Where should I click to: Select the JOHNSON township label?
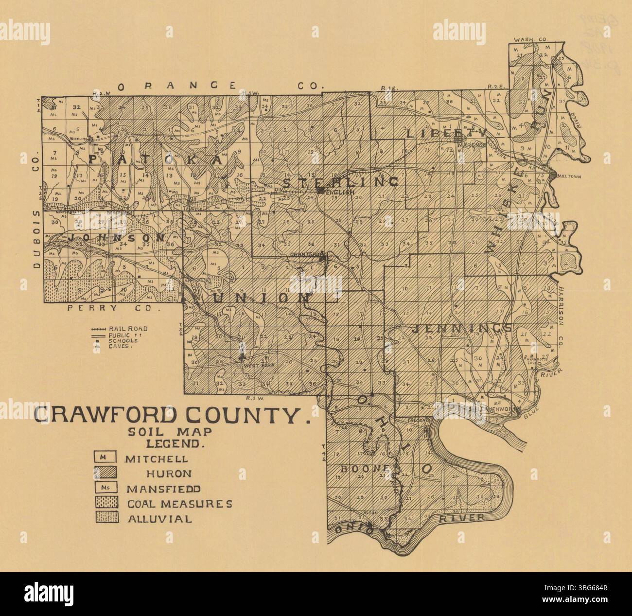[117, 238]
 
